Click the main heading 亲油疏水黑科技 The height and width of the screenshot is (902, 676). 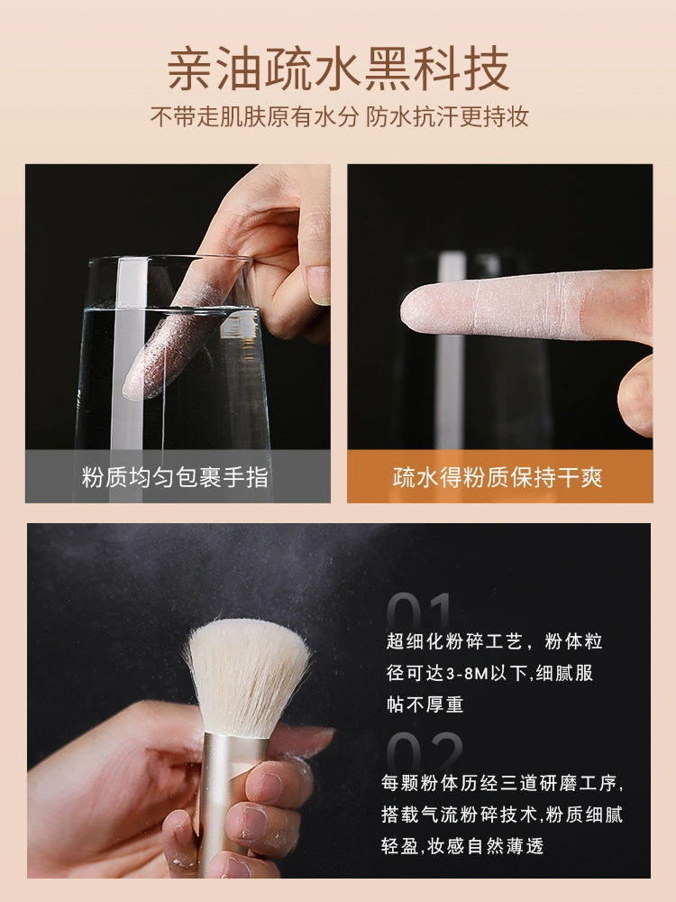[339, 69]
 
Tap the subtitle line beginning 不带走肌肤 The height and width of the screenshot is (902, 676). [339, 116]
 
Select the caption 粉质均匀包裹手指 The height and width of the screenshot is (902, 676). [175, 477]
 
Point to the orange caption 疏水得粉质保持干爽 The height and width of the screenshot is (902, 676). [498, 477]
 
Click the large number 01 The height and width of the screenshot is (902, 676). [420, 611]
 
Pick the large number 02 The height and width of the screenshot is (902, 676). [425, 750]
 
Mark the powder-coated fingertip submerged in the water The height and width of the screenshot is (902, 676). [155, 356]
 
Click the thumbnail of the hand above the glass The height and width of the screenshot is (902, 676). [318, 285]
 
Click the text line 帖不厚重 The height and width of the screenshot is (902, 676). [425, 704]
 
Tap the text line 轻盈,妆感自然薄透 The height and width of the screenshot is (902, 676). [462, 846]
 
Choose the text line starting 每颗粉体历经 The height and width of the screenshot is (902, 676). [502, 782]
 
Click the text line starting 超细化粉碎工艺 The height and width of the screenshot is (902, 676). [494, 640]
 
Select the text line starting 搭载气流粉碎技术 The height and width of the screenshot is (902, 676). [502, 814]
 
